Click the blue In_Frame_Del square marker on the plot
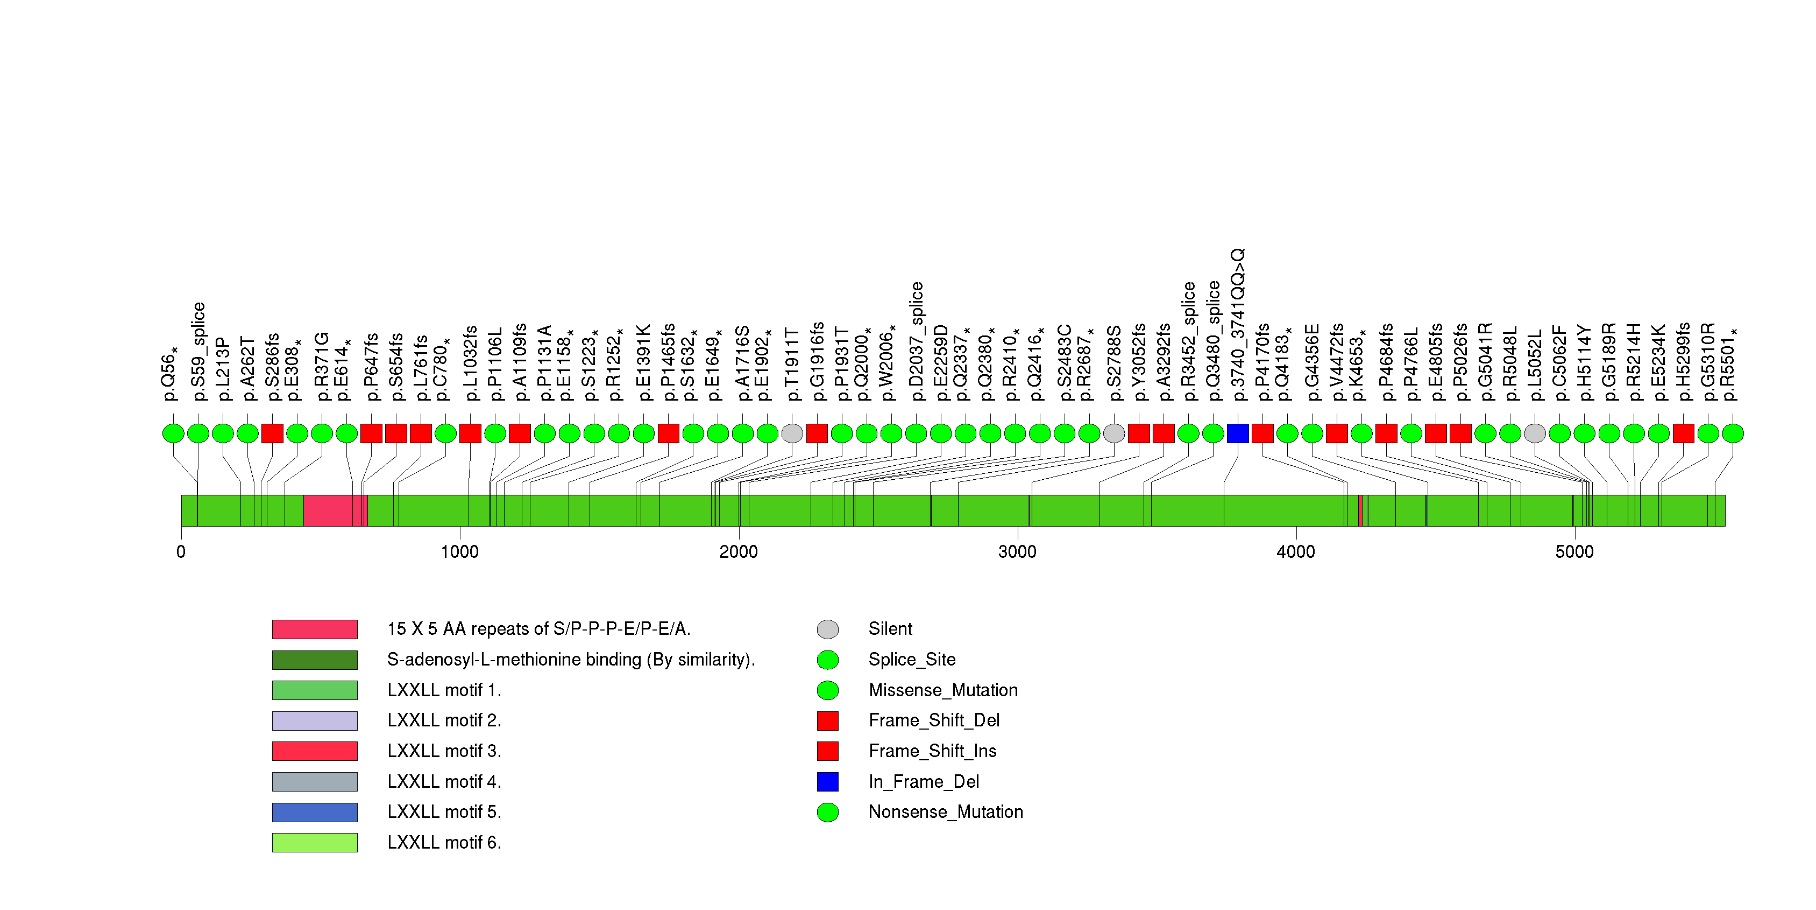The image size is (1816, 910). [1237, 433]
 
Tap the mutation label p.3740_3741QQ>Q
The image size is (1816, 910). [1238, 325]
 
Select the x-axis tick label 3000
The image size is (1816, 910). [1017, 551]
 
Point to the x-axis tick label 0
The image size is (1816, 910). [181, 551]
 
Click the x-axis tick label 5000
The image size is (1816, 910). [1573, 551]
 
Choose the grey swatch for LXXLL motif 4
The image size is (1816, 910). [315, 782]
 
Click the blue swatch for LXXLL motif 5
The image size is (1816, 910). [315, 812]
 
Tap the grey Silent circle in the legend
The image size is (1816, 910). [828, 629]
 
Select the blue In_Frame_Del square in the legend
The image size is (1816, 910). [828, 782]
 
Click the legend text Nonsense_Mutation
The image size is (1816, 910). [945, 812]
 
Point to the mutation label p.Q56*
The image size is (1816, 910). [170, 374]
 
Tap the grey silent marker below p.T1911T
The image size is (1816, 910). [792, 433]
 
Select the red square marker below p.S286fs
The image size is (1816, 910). [272, 433]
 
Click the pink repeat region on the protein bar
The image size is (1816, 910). [331, 510]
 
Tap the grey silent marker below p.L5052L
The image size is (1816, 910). [1535, 433]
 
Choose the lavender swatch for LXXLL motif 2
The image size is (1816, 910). [315, 721]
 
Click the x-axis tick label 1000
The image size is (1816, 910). [459, 551]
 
